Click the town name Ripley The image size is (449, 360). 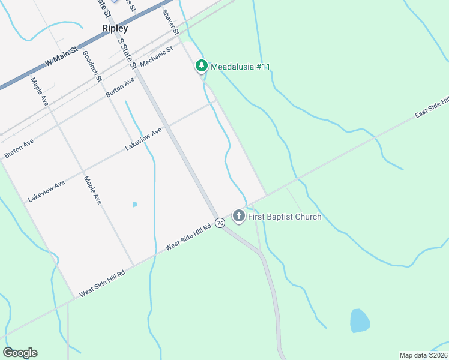pos(115,28)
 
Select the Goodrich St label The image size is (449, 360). pos(92,65)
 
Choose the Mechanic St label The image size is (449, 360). pos(156,56)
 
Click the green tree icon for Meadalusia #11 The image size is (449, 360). pos(202,66)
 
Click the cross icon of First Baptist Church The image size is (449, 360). pos(239,216)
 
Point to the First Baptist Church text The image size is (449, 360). pos(285,217)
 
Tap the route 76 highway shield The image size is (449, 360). pos(220,223)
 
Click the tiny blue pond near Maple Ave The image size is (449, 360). pos(134,205)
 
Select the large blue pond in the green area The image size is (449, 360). pos(360,321)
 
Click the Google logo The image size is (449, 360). pos(20,353)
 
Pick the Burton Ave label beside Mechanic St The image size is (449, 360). pos(120,88)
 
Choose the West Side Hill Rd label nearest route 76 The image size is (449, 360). pos(189,236)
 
